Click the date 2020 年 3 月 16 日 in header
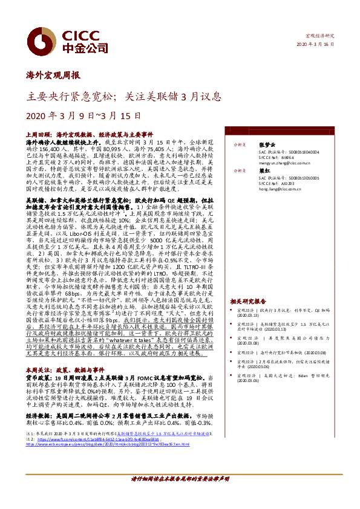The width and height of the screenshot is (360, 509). point(315,45)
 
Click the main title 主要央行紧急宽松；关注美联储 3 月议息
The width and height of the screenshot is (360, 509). point(125,96)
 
